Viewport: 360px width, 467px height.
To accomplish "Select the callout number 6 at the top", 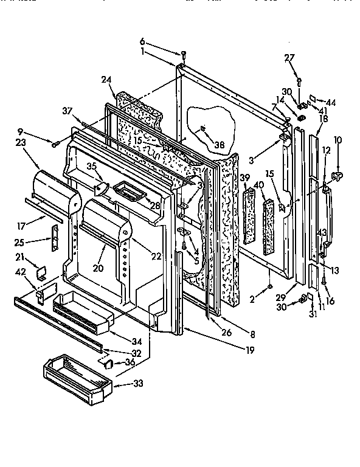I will [x=142, y=41].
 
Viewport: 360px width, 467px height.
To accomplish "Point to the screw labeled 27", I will [x=298, y=80].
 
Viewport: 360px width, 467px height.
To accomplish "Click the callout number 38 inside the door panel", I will [x=220, y=145].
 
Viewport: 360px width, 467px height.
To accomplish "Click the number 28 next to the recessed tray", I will [x=156, y=205].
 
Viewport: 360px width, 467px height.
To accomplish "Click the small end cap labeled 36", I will [x=110, y=364].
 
